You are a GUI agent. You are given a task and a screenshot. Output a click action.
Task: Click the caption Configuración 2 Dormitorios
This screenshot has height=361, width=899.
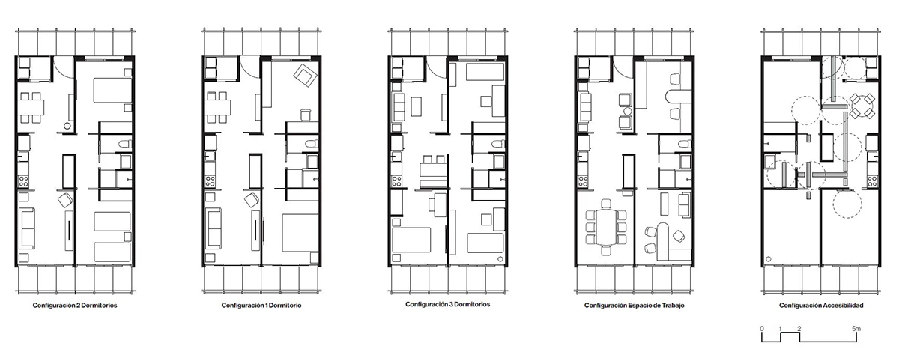[75, 306]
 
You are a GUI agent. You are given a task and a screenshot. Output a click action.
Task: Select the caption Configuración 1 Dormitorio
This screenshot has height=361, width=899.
[261, 306]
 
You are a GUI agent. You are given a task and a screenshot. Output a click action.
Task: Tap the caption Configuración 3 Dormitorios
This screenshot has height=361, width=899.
[447, 304]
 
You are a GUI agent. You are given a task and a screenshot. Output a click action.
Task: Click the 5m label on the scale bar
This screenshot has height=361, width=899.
[856, 329]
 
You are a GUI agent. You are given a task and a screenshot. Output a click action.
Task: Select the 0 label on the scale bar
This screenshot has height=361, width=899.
[762, 329]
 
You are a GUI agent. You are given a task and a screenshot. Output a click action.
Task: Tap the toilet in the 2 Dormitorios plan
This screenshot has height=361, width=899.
[126, 144]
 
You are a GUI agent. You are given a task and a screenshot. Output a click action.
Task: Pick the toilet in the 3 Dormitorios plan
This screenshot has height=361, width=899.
[499, 144]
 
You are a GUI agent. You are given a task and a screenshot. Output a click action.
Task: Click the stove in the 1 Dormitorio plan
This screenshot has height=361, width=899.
[210, 181]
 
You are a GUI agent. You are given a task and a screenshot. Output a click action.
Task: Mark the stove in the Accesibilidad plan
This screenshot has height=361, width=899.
[871, 181]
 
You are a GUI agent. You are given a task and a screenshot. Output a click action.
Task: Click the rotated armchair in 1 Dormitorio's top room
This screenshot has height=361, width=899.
[305, 76]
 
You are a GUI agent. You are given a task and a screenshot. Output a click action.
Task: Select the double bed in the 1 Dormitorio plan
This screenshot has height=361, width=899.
[300, 233]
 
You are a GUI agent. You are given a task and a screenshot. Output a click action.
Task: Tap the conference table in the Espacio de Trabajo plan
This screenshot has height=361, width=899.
[606, 227]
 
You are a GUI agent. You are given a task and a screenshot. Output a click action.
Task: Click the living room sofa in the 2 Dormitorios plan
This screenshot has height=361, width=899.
[27, 228]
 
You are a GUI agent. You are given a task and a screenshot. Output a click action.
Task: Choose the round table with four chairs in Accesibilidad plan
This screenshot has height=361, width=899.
[862, 106]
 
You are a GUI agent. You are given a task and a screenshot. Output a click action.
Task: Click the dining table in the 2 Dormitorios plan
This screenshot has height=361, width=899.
[31, 108]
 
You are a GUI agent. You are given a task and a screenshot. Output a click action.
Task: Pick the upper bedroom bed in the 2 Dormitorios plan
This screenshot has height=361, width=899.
[113, 90]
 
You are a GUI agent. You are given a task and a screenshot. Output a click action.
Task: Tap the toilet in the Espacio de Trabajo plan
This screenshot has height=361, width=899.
[685, 144]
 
